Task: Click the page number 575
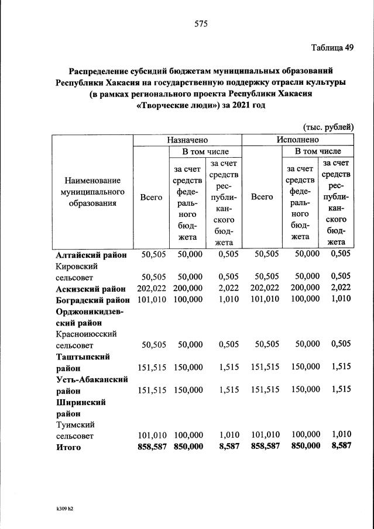(201, 24)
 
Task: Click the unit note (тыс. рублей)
(328, 127)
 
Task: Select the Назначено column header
(187, 140)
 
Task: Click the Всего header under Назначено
(151, 198)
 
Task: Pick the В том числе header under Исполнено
(318, 151)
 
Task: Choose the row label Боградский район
(92, 299)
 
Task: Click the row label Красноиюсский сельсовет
(86, 339)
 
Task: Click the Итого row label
(68, 447)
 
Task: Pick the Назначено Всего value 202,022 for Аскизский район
(150, 288)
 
